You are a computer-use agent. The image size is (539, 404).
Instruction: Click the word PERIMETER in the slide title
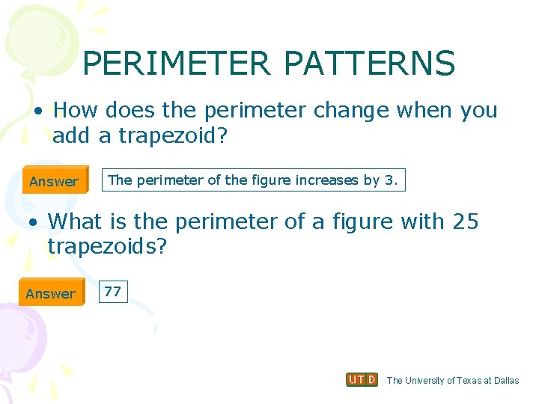pos(177,64)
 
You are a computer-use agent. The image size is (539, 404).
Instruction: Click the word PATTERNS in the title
pos(369,64)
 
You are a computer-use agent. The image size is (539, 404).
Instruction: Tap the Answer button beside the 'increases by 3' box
pos(54,181)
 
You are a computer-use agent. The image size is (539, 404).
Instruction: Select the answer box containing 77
pos(113,292)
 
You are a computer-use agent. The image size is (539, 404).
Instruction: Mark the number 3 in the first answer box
pos(394,180)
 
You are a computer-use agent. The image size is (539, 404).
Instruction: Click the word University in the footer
pos(423,380)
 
